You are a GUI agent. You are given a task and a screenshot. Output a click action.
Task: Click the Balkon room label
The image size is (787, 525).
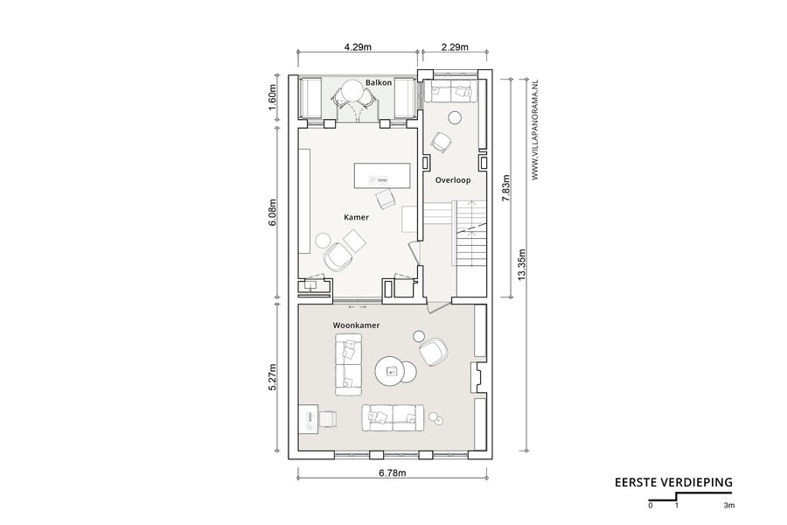click(379, 82)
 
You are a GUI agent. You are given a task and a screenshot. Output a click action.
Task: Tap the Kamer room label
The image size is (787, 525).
click(357, 217)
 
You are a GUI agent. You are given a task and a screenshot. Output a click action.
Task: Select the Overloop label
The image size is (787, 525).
click(453, 180)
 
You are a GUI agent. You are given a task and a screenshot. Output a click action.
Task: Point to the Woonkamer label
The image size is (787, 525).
click(357, 325)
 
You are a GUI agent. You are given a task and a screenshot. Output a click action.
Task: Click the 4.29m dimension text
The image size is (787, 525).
click(358, 47)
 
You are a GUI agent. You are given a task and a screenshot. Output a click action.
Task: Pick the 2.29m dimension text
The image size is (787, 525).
click(455, 47)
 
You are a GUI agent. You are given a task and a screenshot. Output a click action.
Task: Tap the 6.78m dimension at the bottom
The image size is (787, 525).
click(393, 472)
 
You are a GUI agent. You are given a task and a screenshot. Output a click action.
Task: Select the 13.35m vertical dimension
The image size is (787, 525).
click(522, 265)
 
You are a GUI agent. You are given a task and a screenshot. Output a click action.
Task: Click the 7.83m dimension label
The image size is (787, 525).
click(506, 188)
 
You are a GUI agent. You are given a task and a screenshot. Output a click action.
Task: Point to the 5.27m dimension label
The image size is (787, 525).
click(273, 377)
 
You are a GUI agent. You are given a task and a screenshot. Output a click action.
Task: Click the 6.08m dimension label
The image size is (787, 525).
click(273, 213)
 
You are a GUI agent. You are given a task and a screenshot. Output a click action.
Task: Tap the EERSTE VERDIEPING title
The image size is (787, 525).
click(673, 482)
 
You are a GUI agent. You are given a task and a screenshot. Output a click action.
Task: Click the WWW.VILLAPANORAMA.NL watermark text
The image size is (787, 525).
click(535, 129)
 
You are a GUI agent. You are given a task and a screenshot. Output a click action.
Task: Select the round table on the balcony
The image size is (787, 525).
click(355, 92)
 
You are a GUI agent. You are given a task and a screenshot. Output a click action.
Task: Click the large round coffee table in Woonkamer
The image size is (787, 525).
click(389, 372)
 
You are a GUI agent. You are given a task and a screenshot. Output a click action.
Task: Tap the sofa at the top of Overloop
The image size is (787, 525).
click(450, 91)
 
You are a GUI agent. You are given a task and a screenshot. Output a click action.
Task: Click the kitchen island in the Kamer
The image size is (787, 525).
click(382, 175)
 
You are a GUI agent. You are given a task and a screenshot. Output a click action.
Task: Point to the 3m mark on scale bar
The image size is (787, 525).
click(729, 506)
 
